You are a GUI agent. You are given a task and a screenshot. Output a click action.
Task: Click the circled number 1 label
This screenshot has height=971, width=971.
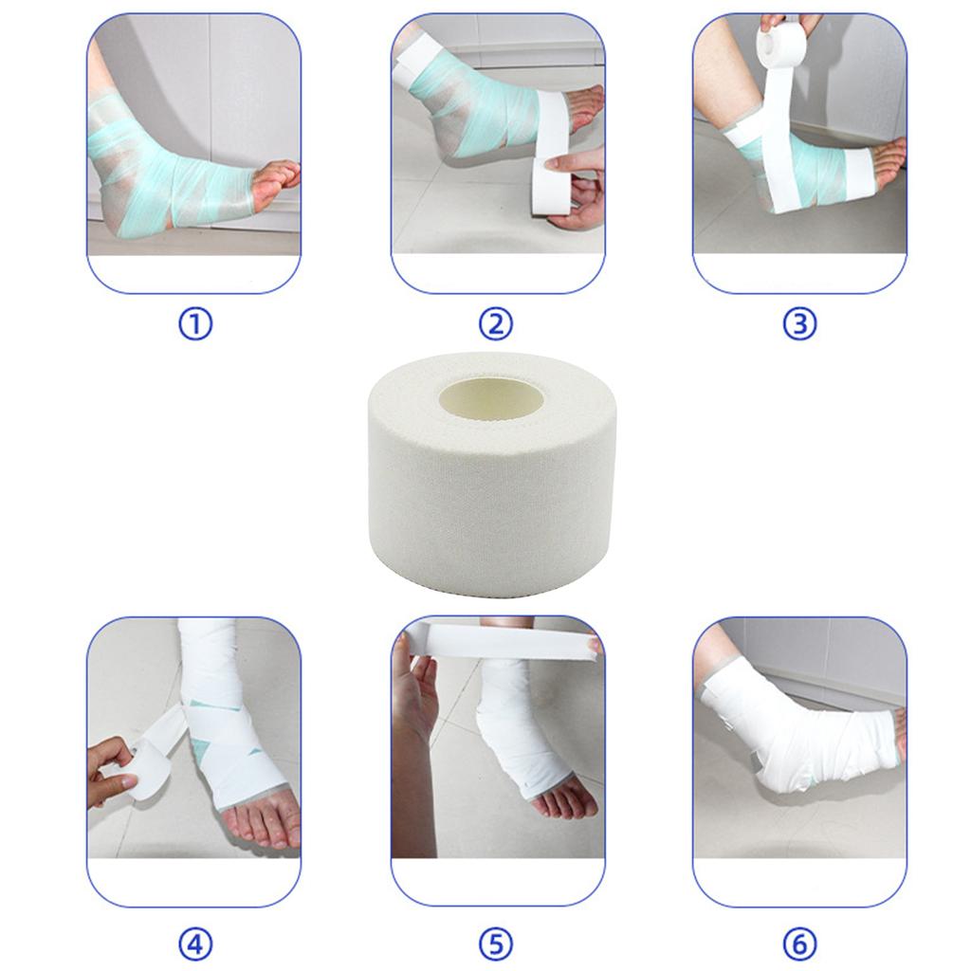194,324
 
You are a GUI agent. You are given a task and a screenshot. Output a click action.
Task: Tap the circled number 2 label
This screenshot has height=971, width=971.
495,324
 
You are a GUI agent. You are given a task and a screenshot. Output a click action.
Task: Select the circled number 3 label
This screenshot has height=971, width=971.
798,324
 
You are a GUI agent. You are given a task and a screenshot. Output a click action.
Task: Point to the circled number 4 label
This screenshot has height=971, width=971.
194,944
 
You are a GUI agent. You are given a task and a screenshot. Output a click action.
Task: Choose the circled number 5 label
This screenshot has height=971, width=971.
495,944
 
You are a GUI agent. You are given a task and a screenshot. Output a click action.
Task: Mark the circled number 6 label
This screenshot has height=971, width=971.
798,944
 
